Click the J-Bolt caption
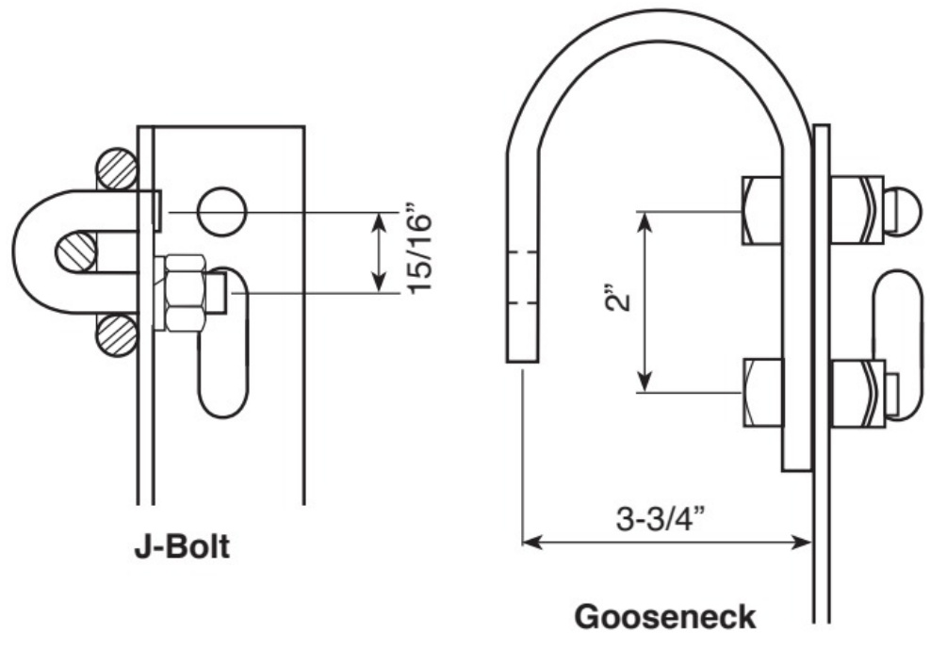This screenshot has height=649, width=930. tap(182, 546)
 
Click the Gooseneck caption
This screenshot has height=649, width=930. tap(665, 616)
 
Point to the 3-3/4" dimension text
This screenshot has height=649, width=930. tap(661, 519)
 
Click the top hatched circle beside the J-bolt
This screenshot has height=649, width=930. tap(118, 169)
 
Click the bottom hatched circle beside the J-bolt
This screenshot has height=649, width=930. tap(117, 335)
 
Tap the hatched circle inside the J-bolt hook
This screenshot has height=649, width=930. tap(76, 252)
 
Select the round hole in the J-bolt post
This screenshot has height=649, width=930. tap(221, 212)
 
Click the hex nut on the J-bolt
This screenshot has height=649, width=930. tap(186, 293)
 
